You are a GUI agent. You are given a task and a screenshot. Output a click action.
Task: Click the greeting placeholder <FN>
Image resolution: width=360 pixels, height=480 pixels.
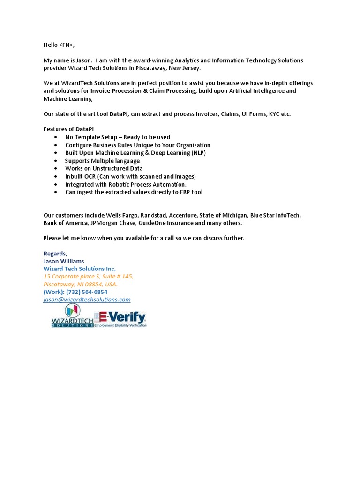66,45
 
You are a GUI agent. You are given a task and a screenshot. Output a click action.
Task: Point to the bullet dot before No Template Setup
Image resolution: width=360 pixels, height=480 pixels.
56,137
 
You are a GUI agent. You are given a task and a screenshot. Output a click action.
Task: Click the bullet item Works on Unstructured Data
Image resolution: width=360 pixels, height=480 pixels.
104,168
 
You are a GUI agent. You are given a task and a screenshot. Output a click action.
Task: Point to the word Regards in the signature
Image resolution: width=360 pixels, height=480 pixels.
55,254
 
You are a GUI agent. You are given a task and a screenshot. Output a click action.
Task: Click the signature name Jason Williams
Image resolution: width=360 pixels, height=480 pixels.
64,261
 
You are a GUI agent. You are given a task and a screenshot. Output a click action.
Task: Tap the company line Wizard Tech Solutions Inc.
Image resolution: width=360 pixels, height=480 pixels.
79,269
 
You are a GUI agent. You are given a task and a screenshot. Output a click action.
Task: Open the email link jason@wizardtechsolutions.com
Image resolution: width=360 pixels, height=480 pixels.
87,300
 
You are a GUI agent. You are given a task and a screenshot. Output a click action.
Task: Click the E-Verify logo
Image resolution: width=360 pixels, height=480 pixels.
121,319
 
